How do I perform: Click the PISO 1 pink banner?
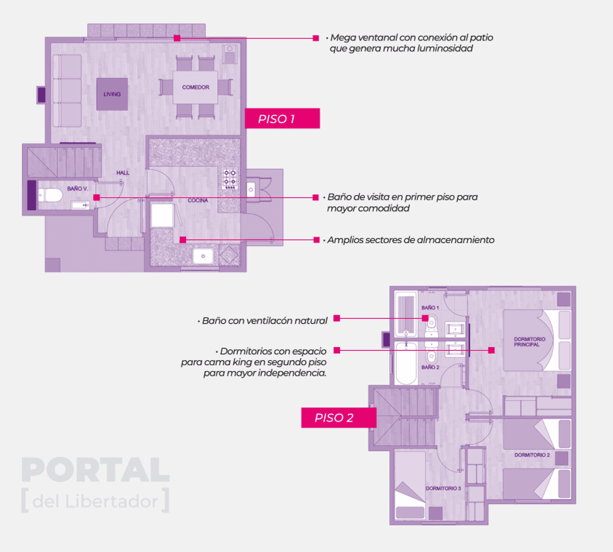(282, 118)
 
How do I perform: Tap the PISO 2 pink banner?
(338, 418)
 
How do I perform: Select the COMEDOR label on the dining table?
(196, 87)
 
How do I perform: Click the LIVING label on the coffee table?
(112, 94)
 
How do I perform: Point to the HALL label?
(123, 173)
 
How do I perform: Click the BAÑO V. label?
(78, 189)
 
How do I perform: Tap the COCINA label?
(198, 200)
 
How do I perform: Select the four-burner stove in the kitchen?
(230, 178)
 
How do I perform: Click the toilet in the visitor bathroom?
(51, 195)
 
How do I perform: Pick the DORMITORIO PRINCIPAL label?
(530, 342)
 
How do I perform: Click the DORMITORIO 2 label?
(532, 455)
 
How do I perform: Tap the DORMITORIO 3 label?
(443, 488)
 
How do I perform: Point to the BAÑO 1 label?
(430, 308)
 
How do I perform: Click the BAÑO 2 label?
(430, 367)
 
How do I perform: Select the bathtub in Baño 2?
(406, 362)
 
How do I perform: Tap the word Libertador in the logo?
(112, 501)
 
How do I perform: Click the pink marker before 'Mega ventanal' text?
(316, 38)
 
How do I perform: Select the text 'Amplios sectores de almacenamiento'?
(411, 240)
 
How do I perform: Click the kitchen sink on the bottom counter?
(203, 256)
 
